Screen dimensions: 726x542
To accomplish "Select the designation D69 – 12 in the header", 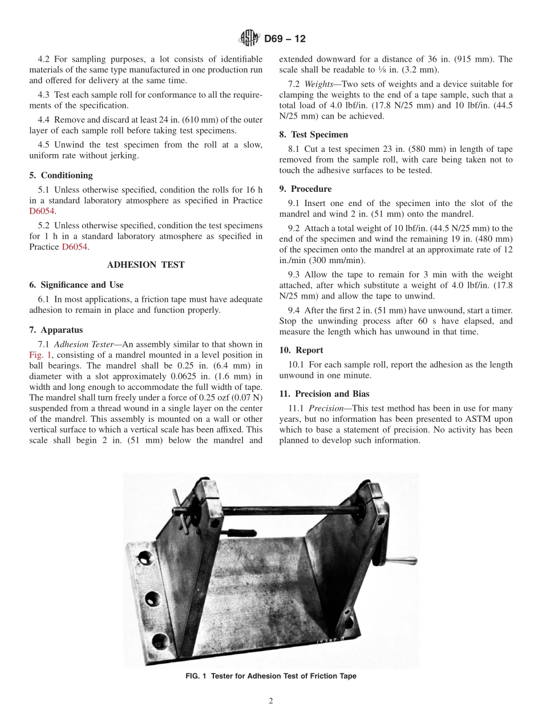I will [x=285, y=39].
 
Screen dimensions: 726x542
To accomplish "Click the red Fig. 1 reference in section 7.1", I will [x=41, y=354].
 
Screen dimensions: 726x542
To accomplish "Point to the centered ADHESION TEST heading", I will [x=145, y=265].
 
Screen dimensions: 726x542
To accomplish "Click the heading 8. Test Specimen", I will [x=313, y=135].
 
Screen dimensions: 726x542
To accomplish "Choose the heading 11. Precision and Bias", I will [x=324, y=394].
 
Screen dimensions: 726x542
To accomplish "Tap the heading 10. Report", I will [x=301, y=350].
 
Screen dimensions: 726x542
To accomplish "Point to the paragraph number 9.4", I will [x=297, y=310].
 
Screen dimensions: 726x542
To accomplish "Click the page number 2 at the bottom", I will [x=271, y=701].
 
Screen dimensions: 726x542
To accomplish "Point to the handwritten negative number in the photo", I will [x=331, y=641].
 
